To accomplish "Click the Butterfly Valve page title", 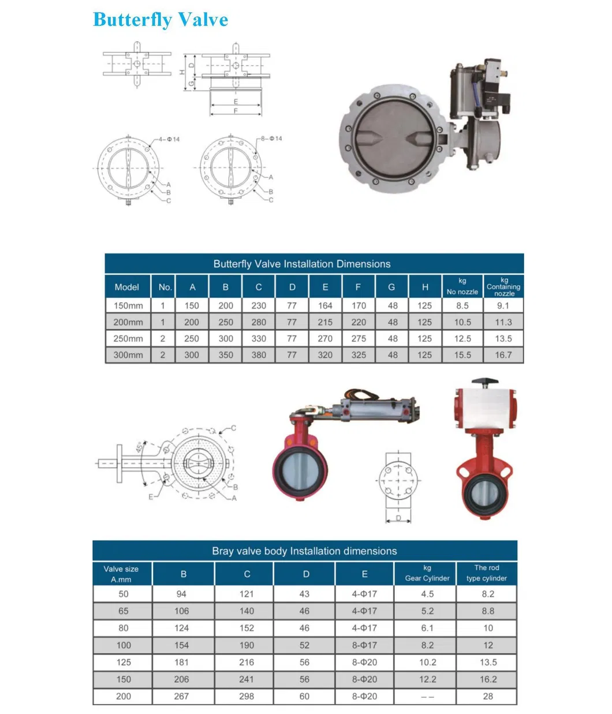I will pos(160,20).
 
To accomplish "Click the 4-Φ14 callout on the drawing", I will pos(169,139).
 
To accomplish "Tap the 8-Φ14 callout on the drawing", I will pos(271,139).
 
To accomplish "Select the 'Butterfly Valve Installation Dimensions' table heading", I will pos(302,264).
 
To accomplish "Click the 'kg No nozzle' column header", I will pos(462,286).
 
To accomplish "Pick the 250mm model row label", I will pos(128,339).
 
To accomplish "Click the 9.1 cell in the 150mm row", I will pos(503,306).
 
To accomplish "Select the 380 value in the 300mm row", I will pos(259,355).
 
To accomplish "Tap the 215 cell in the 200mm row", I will pos(325,322).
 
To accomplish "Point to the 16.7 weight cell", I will pos(503,355).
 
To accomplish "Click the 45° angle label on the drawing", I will pos(140,447).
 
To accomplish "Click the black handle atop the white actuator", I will pos(484,382).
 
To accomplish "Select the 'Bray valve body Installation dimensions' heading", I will pos(304,551).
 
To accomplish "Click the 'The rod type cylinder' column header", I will pos(487,573).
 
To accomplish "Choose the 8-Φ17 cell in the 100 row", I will pos(364,645).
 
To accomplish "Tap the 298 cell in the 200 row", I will pos(247,696).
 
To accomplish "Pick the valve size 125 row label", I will pos(124,662).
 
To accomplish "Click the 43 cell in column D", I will pos(304,594).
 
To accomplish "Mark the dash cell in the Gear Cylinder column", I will pos(427,697).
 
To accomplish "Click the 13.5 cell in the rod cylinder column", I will pos(488,662).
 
